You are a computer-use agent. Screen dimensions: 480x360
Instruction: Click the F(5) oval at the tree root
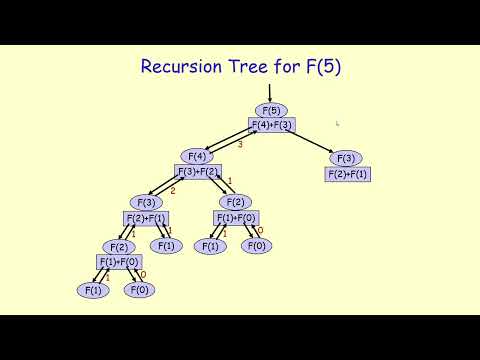(x=270, y=110)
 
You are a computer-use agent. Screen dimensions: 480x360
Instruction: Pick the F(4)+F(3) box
(x=271, y=125)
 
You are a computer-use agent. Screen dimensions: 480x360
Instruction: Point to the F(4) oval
(x=197, y=156)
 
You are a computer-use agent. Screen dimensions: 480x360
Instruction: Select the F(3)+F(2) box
(x=199, y=171)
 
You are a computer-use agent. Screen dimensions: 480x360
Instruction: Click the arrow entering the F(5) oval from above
(x=270, y=93)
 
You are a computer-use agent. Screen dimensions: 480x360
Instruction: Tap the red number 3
(x=240, y=145)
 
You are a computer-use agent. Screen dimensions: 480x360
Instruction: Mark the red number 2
(x=172, y=190)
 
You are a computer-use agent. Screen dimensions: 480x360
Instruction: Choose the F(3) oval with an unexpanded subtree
(x=346, y=158)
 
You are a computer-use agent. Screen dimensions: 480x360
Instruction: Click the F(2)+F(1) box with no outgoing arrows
(x=347, y=174)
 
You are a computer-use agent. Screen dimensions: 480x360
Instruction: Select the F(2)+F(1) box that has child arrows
(x=145, y=217)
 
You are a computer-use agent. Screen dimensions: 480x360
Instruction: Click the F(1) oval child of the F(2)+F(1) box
(x=166, y=245)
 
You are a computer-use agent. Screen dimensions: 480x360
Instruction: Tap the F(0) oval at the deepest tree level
(x=138, y=290)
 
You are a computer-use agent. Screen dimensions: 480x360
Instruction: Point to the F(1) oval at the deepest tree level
(x=93, y=290)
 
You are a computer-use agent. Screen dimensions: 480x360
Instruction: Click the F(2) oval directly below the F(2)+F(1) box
(x=118, y=247)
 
